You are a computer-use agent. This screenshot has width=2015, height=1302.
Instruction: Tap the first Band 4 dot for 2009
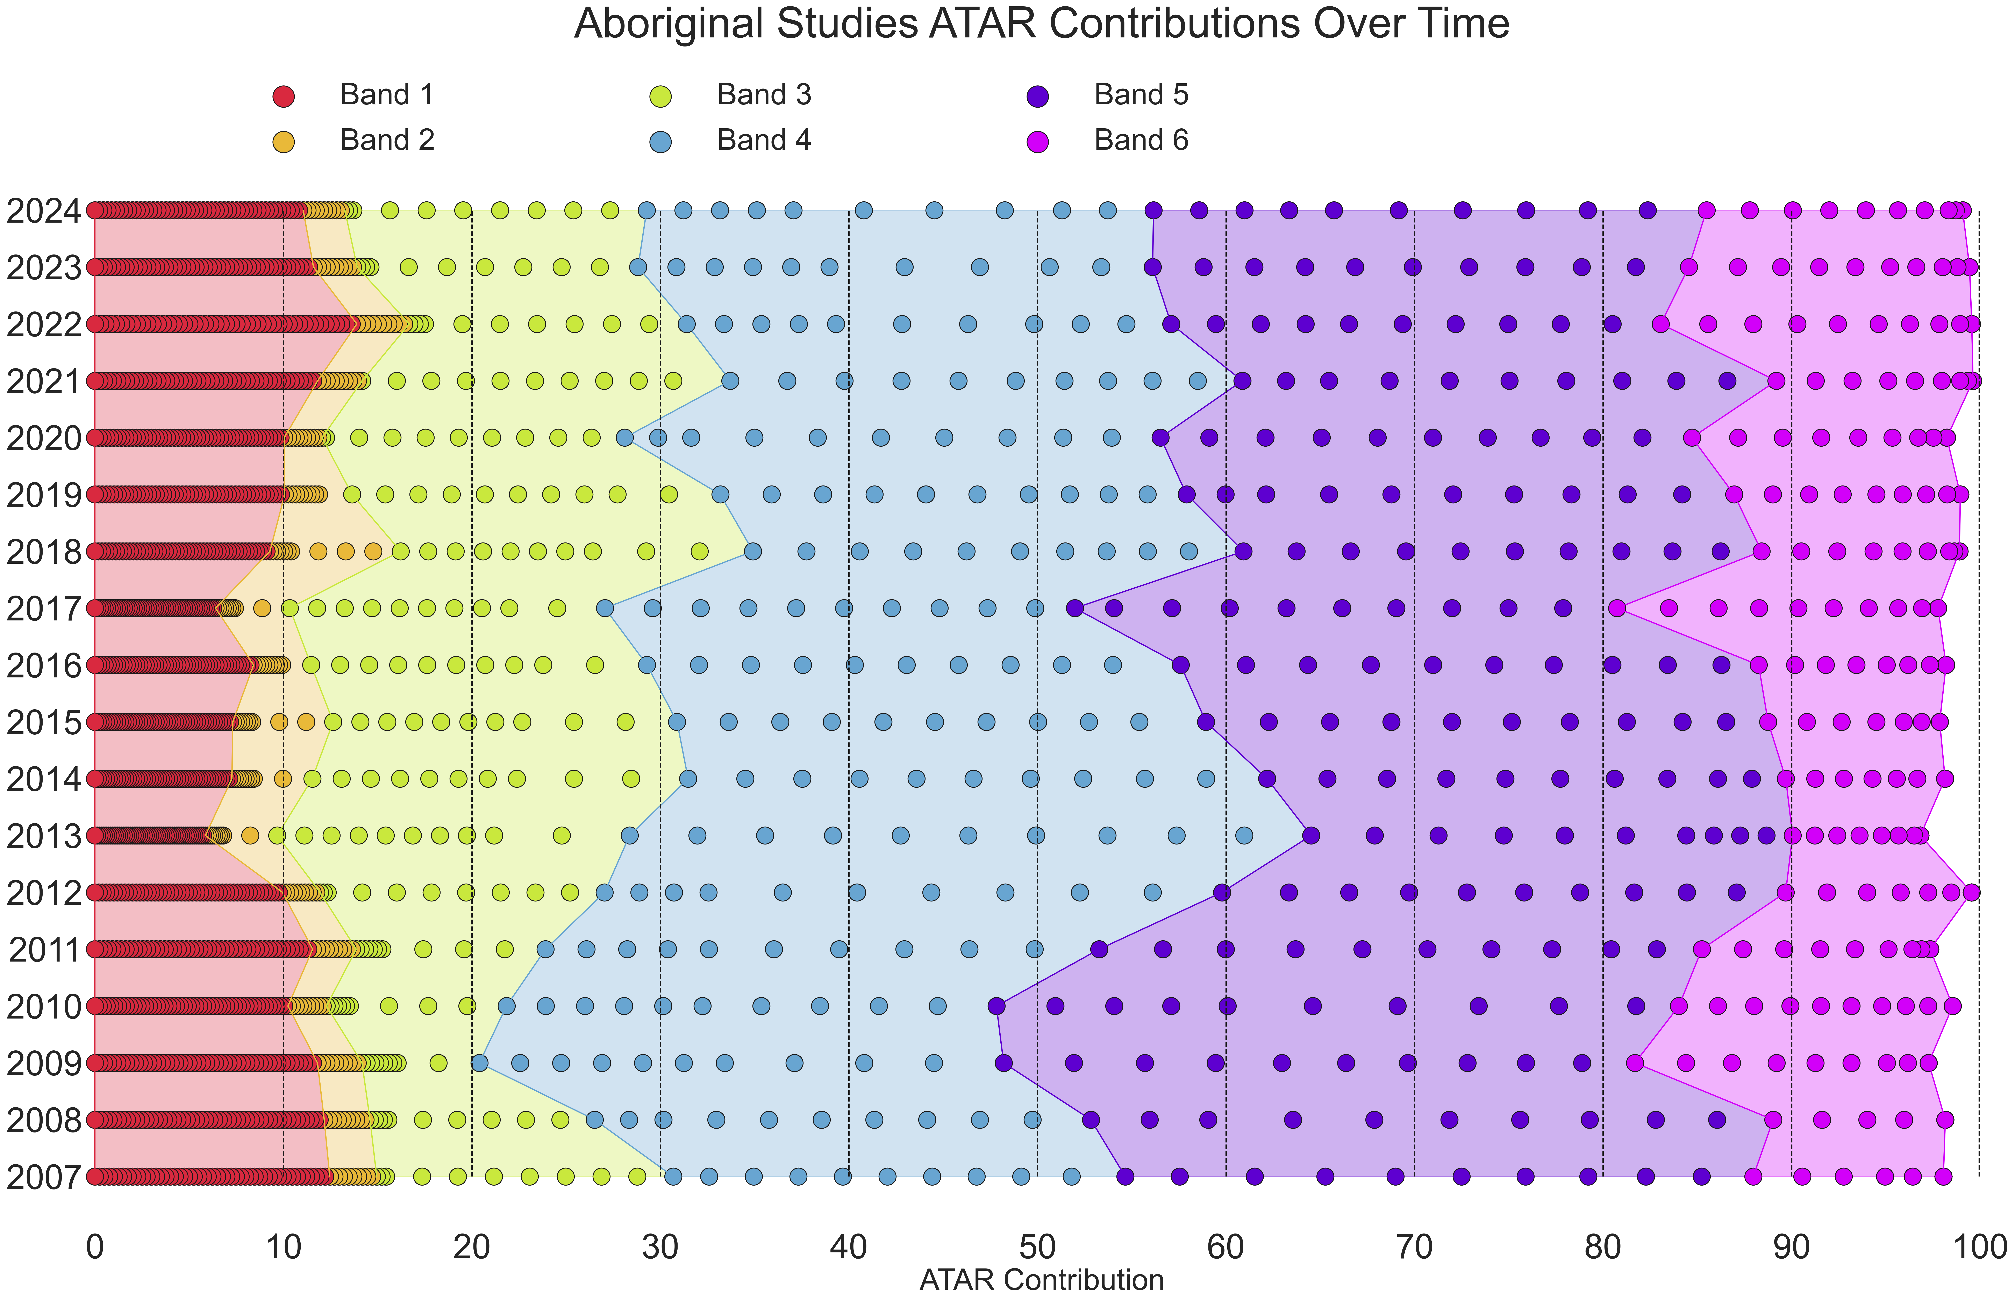click(479, 1063)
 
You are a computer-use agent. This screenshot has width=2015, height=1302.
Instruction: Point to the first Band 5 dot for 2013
click(1311, 836)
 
